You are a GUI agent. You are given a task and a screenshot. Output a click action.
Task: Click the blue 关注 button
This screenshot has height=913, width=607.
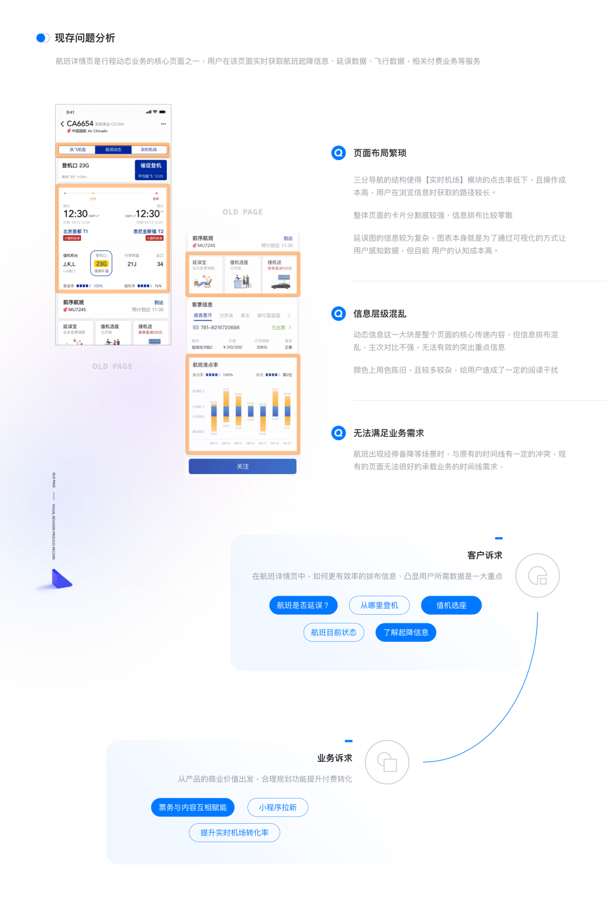[x=242, y=467]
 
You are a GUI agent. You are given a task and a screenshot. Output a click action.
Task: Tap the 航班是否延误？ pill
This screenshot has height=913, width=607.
[x=303, y=605]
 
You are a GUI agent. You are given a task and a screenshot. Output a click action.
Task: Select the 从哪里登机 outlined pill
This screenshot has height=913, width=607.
[x=379, y=605]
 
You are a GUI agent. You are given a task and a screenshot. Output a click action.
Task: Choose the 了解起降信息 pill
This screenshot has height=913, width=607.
[x=406, y=632]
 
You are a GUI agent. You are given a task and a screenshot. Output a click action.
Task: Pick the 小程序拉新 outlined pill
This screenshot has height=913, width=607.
[x=278, y=807]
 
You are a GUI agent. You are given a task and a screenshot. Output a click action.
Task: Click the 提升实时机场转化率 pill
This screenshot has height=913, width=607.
[x=234, y=833]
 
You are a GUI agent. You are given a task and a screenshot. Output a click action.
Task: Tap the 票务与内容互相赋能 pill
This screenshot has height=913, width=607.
[x=192, y=807]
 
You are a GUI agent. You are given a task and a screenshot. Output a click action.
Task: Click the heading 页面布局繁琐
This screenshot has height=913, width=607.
[x=379, y=153]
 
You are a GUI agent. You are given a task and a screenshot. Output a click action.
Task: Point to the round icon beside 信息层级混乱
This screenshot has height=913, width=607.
[x=338, y=313]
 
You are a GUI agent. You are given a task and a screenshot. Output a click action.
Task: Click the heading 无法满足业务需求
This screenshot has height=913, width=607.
[x=388, y=433]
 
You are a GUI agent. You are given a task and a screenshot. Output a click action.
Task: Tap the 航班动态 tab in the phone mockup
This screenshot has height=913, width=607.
[x=113, y=150]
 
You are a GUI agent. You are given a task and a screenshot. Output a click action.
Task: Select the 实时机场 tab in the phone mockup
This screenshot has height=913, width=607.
[x=148, y=150]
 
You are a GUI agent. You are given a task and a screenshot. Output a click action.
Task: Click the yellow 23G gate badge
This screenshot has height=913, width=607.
[x=101, y=263]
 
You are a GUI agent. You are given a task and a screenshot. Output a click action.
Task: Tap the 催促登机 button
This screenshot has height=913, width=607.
[x=151, y=166]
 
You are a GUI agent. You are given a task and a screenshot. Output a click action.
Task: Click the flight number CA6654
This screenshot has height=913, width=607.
[x=80, y=124]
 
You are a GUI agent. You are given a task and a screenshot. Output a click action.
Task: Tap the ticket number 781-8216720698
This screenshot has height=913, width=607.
[x=220, y=327]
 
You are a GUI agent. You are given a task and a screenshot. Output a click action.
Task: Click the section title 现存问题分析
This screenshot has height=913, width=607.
[x=85, y=38]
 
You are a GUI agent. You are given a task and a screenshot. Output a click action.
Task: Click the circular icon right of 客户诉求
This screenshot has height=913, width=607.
[x=537, y=576]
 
